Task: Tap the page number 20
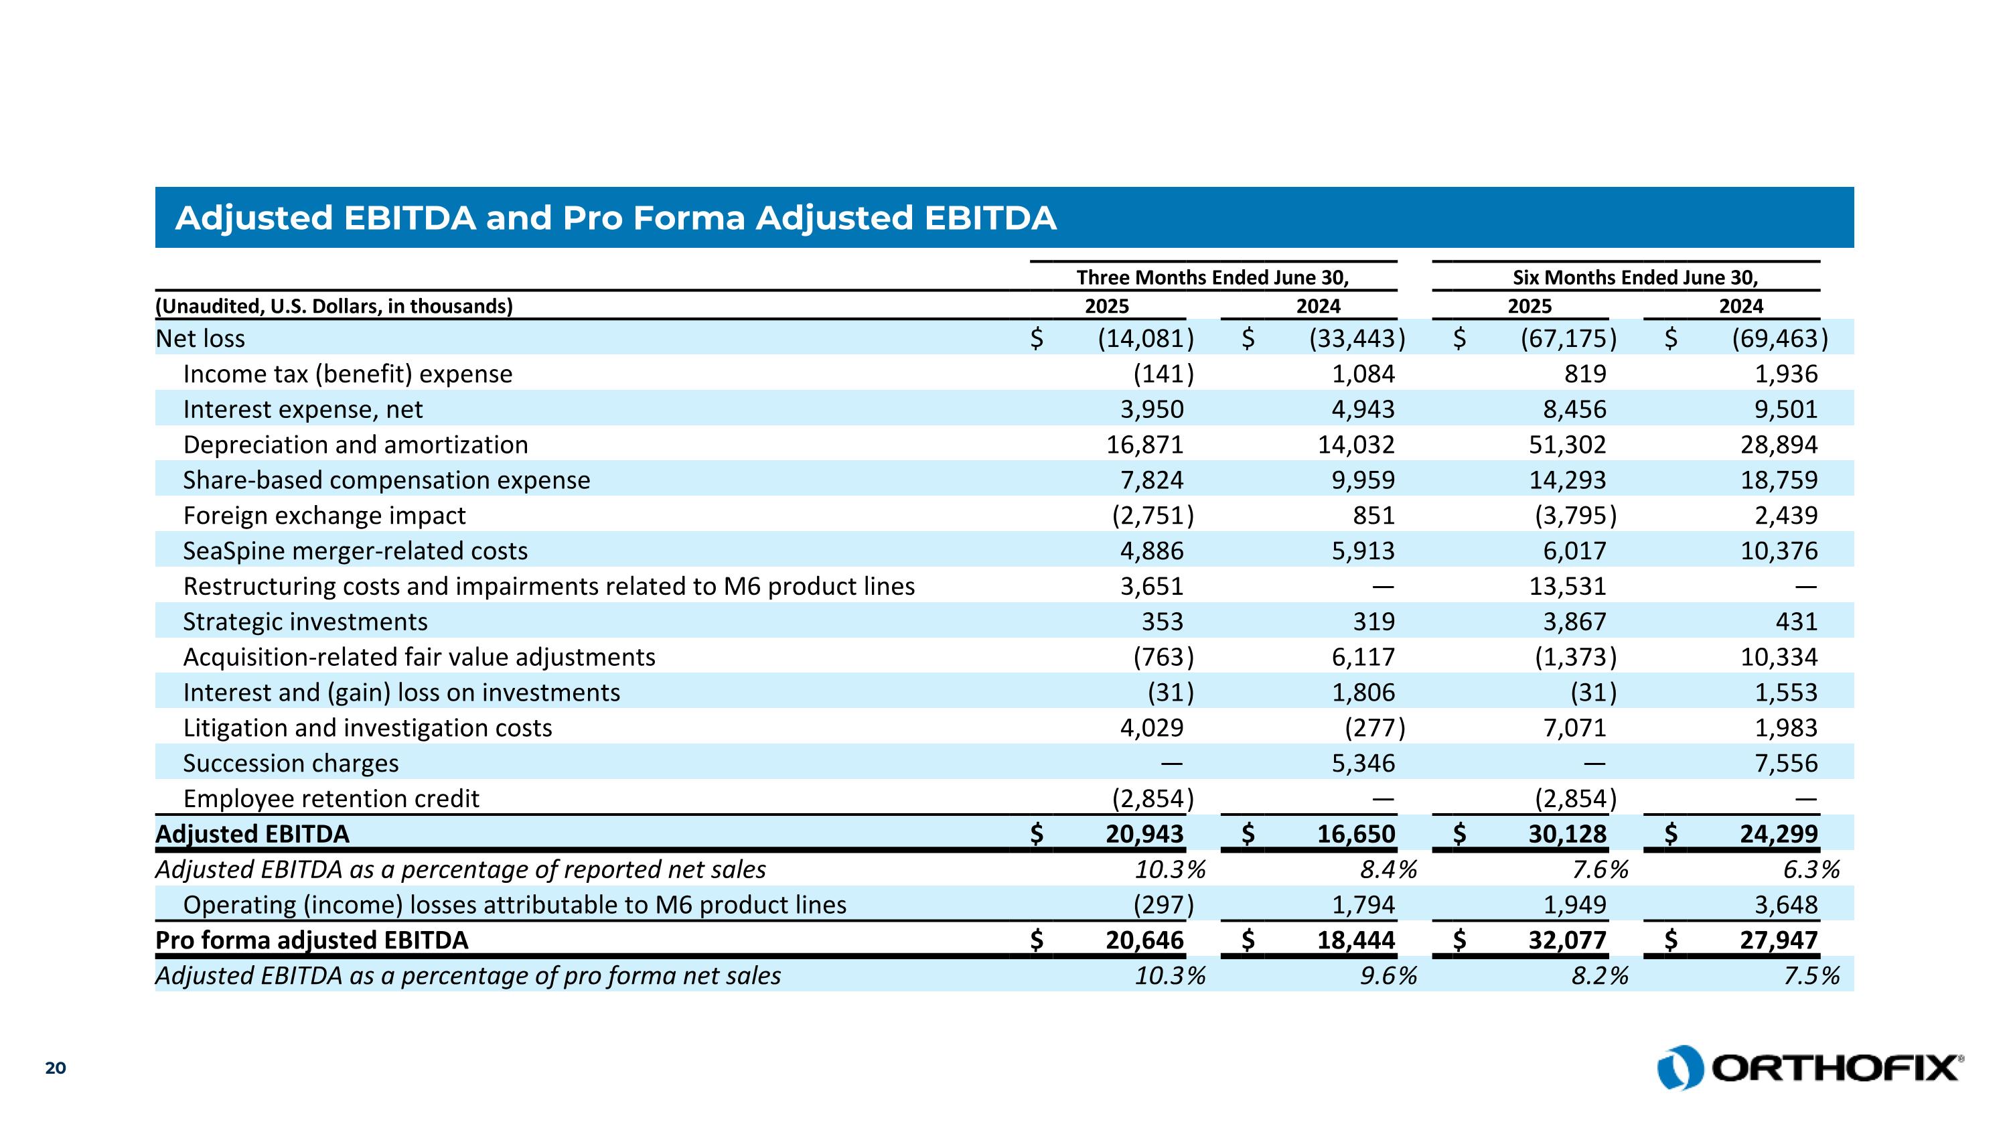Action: point(56,1068)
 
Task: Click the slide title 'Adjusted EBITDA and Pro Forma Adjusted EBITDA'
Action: point(615,218)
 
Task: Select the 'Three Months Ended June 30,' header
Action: point(1212,277)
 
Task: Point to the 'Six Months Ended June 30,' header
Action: point(1635,277)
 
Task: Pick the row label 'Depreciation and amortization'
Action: point(356,445)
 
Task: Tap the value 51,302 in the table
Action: point(1567,445)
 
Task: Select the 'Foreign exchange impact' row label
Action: point(323,516)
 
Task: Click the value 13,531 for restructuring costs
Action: point(1567,587)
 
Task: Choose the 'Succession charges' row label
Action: point(290,764)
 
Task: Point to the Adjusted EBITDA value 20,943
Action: point(1144,835)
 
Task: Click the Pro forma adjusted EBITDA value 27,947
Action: point(1778,940)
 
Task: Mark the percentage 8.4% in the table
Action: point(1388,869)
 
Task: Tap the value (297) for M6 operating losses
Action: point(1163,905)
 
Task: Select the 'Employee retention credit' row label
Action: point(331,798)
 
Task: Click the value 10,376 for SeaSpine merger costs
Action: point(1778,551)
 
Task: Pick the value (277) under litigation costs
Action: point(1374,728)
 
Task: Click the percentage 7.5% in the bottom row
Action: point(1811,975)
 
